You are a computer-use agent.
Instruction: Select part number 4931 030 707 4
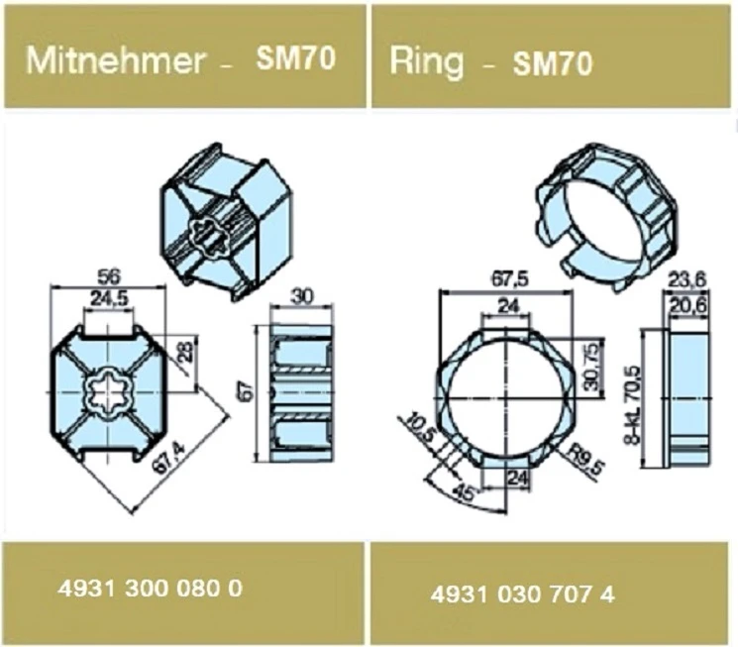(x=522, y=594)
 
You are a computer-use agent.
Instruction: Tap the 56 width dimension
(x=110, y=275)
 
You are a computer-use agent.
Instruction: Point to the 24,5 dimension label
(x=110, y=296)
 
